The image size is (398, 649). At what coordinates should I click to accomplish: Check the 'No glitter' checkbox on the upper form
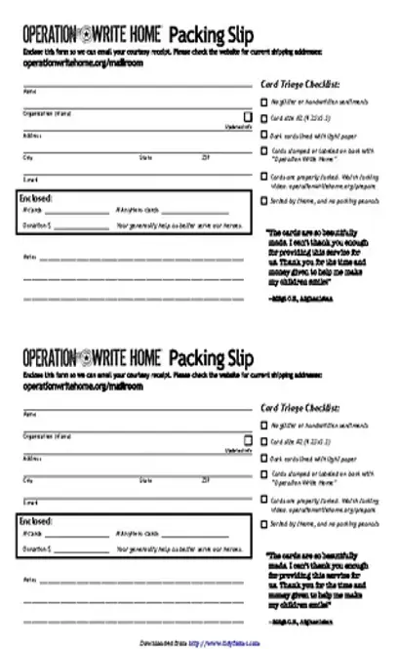click(x=264, y=101)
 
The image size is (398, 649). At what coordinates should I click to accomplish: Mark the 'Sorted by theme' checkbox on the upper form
click(x=264, y=200)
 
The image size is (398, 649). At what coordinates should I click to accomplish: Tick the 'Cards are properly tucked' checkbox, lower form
click(x=264, y=501)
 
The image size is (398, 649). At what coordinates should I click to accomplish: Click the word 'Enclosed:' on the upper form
click(x=36, y=198)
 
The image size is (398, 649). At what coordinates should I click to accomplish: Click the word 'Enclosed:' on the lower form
click(x=36, y=522)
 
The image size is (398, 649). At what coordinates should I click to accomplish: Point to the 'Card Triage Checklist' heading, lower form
click(x=300, y=409)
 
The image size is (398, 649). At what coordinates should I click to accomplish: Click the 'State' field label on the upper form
click(x=145, y=157)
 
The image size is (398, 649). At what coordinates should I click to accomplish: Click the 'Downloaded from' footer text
click(x=163, y=642)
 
